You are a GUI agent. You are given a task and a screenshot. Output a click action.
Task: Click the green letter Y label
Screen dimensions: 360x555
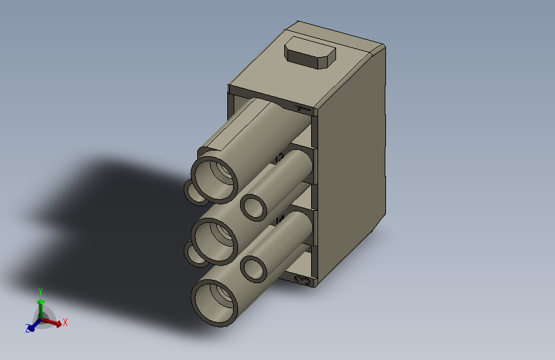pos(40,291)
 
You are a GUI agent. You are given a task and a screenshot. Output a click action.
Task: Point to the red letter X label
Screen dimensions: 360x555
pos(65,322)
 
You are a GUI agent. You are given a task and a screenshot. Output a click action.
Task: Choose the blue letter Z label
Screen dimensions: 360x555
pos(28,329)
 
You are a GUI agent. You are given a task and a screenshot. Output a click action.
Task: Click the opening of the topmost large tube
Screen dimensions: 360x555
pos(214,177)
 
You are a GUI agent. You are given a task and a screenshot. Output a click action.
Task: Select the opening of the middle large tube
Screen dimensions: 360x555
pos(213,240)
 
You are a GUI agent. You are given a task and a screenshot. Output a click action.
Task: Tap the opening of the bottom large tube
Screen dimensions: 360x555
pos(214,302)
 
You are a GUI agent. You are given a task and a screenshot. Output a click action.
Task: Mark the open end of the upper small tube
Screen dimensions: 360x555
pos(255,206)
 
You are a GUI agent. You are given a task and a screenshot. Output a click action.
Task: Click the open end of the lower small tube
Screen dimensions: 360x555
pos(254,268)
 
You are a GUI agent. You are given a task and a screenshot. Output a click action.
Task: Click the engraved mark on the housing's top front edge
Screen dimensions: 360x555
pos(302,109)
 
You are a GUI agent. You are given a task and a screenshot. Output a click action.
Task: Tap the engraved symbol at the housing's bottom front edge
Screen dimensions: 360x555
pos(302,281)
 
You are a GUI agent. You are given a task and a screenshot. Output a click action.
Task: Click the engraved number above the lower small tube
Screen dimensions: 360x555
pos(279,220)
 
